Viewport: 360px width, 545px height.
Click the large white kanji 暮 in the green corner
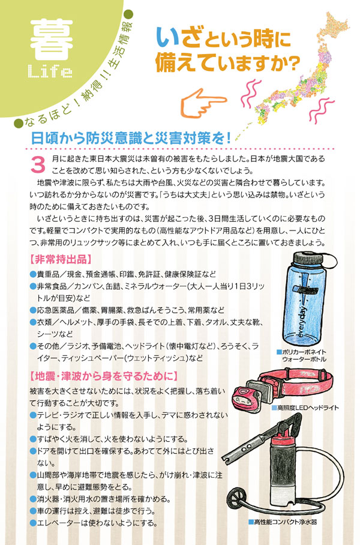point(52,39)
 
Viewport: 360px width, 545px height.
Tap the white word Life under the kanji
point(50,71)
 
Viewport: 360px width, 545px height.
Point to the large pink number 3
point(38,165)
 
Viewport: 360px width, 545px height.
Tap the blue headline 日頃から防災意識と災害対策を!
point(131,138)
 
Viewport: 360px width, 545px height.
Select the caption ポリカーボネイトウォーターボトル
point(302,356)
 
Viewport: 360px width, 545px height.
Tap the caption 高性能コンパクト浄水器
point(283,522)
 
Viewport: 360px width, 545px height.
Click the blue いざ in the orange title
point(178,38)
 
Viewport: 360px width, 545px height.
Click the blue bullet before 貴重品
point(33,274)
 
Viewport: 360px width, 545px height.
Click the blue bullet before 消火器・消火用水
point(33,499)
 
